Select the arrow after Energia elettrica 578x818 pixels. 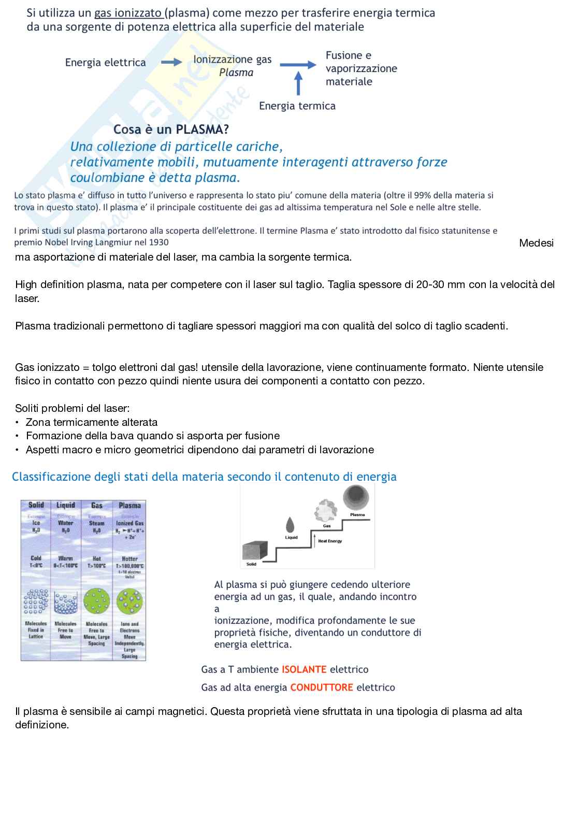click(x=171, y=63)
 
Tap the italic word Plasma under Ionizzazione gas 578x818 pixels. click(x=236, y=73)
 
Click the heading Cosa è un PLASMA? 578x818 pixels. click(x=171, y=129)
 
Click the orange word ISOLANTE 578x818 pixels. click(x=304, y=669)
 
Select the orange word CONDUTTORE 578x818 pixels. click(x=322, y=687)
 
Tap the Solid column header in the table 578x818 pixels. click(x=36, y=505)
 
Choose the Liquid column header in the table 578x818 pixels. click(x=66, y=505)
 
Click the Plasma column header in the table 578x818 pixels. click(x=129, y=506)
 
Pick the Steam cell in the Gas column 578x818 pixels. click(x=97, y=523)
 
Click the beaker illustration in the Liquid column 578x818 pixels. click(x=66, y=602)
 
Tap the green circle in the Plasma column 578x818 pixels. click(x=129, y=602)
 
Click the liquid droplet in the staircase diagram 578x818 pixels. click(x=291, y=525)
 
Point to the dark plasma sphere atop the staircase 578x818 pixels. click(x=356, y=498)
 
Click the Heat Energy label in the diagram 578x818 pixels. click(x=330, y=541)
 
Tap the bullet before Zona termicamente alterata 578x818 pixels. click(x=17, y=423)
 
